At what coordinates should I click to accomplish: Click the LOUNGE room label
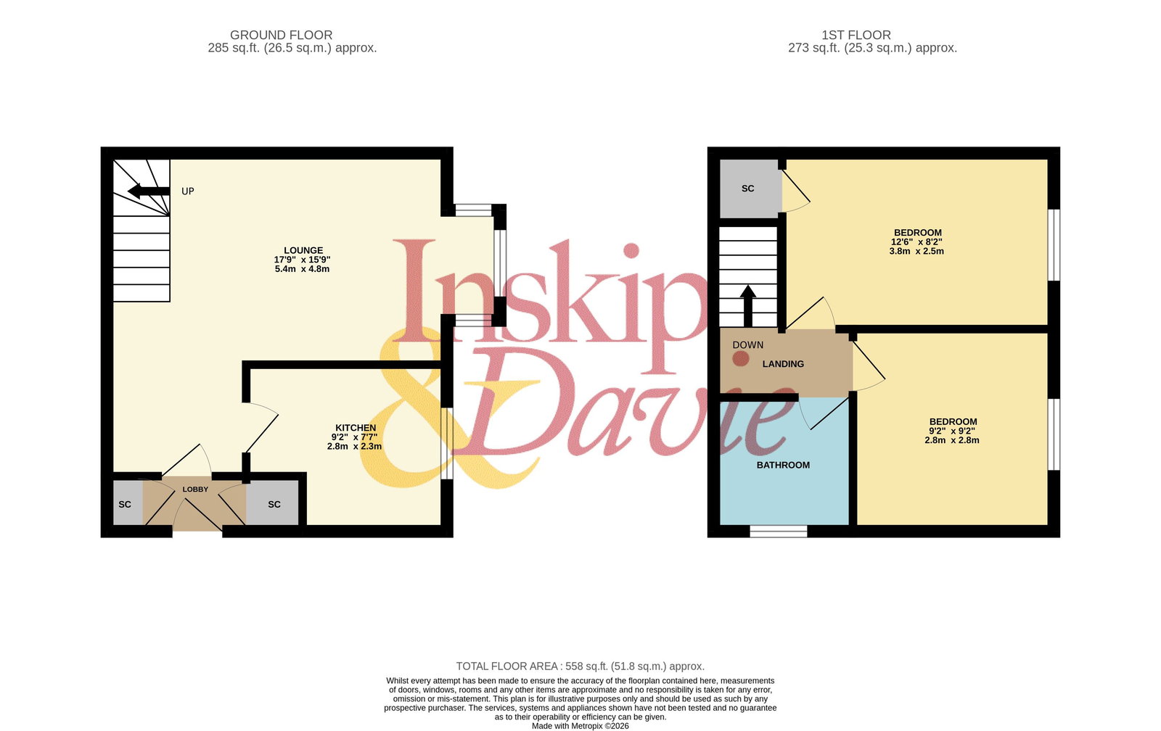click(303, 250)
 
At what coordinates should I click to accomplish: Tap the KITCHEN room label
click(356, 428)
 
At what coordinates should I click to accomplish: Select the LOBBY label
click(195, 489)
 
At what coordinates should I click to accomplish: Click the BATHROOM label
click(783, 466)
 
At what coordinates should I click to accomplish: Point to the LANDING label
click(783, 364)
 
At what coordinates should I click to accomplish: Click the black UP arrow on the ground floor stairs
click(149, 191)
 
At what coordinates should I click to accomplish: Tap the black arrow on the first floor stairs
click(748, 305)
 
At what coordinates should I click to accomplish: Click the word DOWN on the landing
click(748, 345)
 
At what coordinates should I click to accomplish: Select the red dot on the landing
click(741, 358)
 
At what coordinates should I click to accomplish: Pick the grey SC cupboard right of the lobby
click(273, 503)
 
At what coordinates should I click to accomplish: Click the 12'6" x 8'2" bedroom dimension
click(917, 242)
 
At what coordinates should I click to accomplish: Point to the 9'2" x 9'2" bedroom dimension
click(952, 431)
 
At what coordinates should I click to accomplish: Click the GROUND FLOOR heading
click(282, 36)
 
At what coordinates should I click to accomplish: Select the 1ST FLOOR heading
click(856, 36)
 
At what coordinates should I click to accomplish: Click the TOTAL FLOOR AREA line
click(580, 666)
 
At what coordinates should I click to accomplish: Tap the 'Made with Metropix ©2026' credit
click(580, 727)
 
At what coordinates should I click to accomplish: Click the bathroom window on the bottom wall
click(779, 531)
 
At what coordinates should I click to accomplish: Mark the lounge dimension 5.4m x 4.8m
click(302, 269)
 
